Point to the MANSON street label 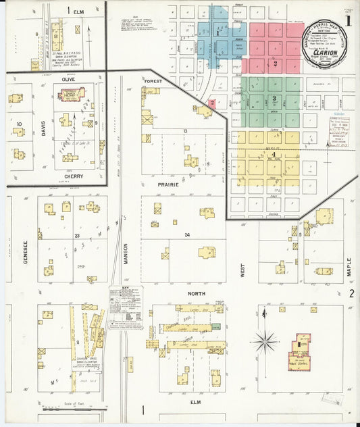tap(126, 249)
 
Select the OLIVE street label tap(68, 79)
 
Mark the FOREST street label tap(153, 80)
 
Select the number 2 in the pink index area tap(276, 64)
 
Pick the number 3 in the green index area tap(274, 99)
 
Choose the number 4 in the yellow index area tap(273, 155)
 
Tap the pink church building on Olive tap(70, 95)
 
